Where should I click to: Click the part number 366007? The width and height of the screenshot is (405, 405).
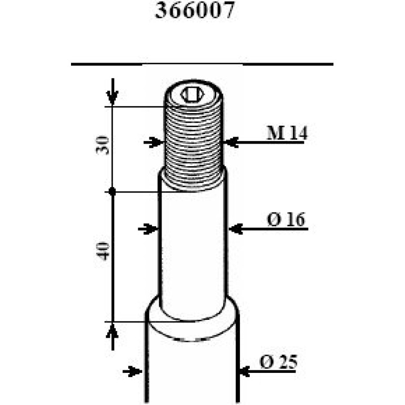[195, 11]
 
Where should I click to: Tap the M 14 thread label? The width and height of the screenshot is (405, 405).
[287, 133]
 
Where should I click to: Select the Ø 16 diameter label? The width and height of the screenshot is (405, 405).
[286, 219]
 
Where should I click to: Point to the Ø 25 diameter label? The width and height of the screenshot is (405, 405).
[278, 362]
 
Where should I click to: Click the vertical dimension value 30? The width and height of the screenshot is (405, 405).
[103, 145]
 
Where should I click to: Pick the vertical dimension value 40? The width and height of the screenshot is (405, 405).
[103, 251]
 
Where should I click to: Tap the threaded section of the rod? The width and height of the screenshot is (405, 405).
[194, 145]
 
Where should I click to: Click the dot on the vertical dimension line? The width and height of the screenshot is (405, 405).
[112, 191]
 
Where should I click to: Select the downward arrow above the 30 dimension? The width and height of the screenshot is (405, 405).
[113, 92]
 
